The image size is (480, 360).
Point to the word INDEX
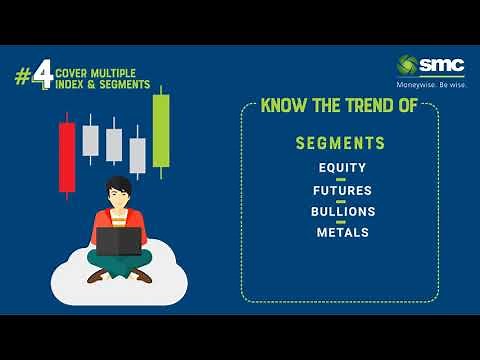tap(72, 85)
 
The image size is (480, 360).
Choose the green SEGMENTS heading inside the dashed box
tap(340, 144)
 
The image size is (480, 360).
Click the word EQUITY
tap(341, 168)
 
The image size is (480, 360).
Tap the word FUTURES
tap(341, 190)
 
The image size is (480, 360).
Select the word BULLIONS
tap(341, 211)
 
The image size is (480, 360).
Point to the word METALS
tap(341, 232)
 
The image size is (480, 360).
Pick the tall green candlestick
tap(160, 130)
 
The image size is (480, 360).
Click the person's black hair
tap(118, 186)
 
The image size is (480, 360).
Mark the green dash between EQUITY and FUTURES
tap(341, 179)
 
